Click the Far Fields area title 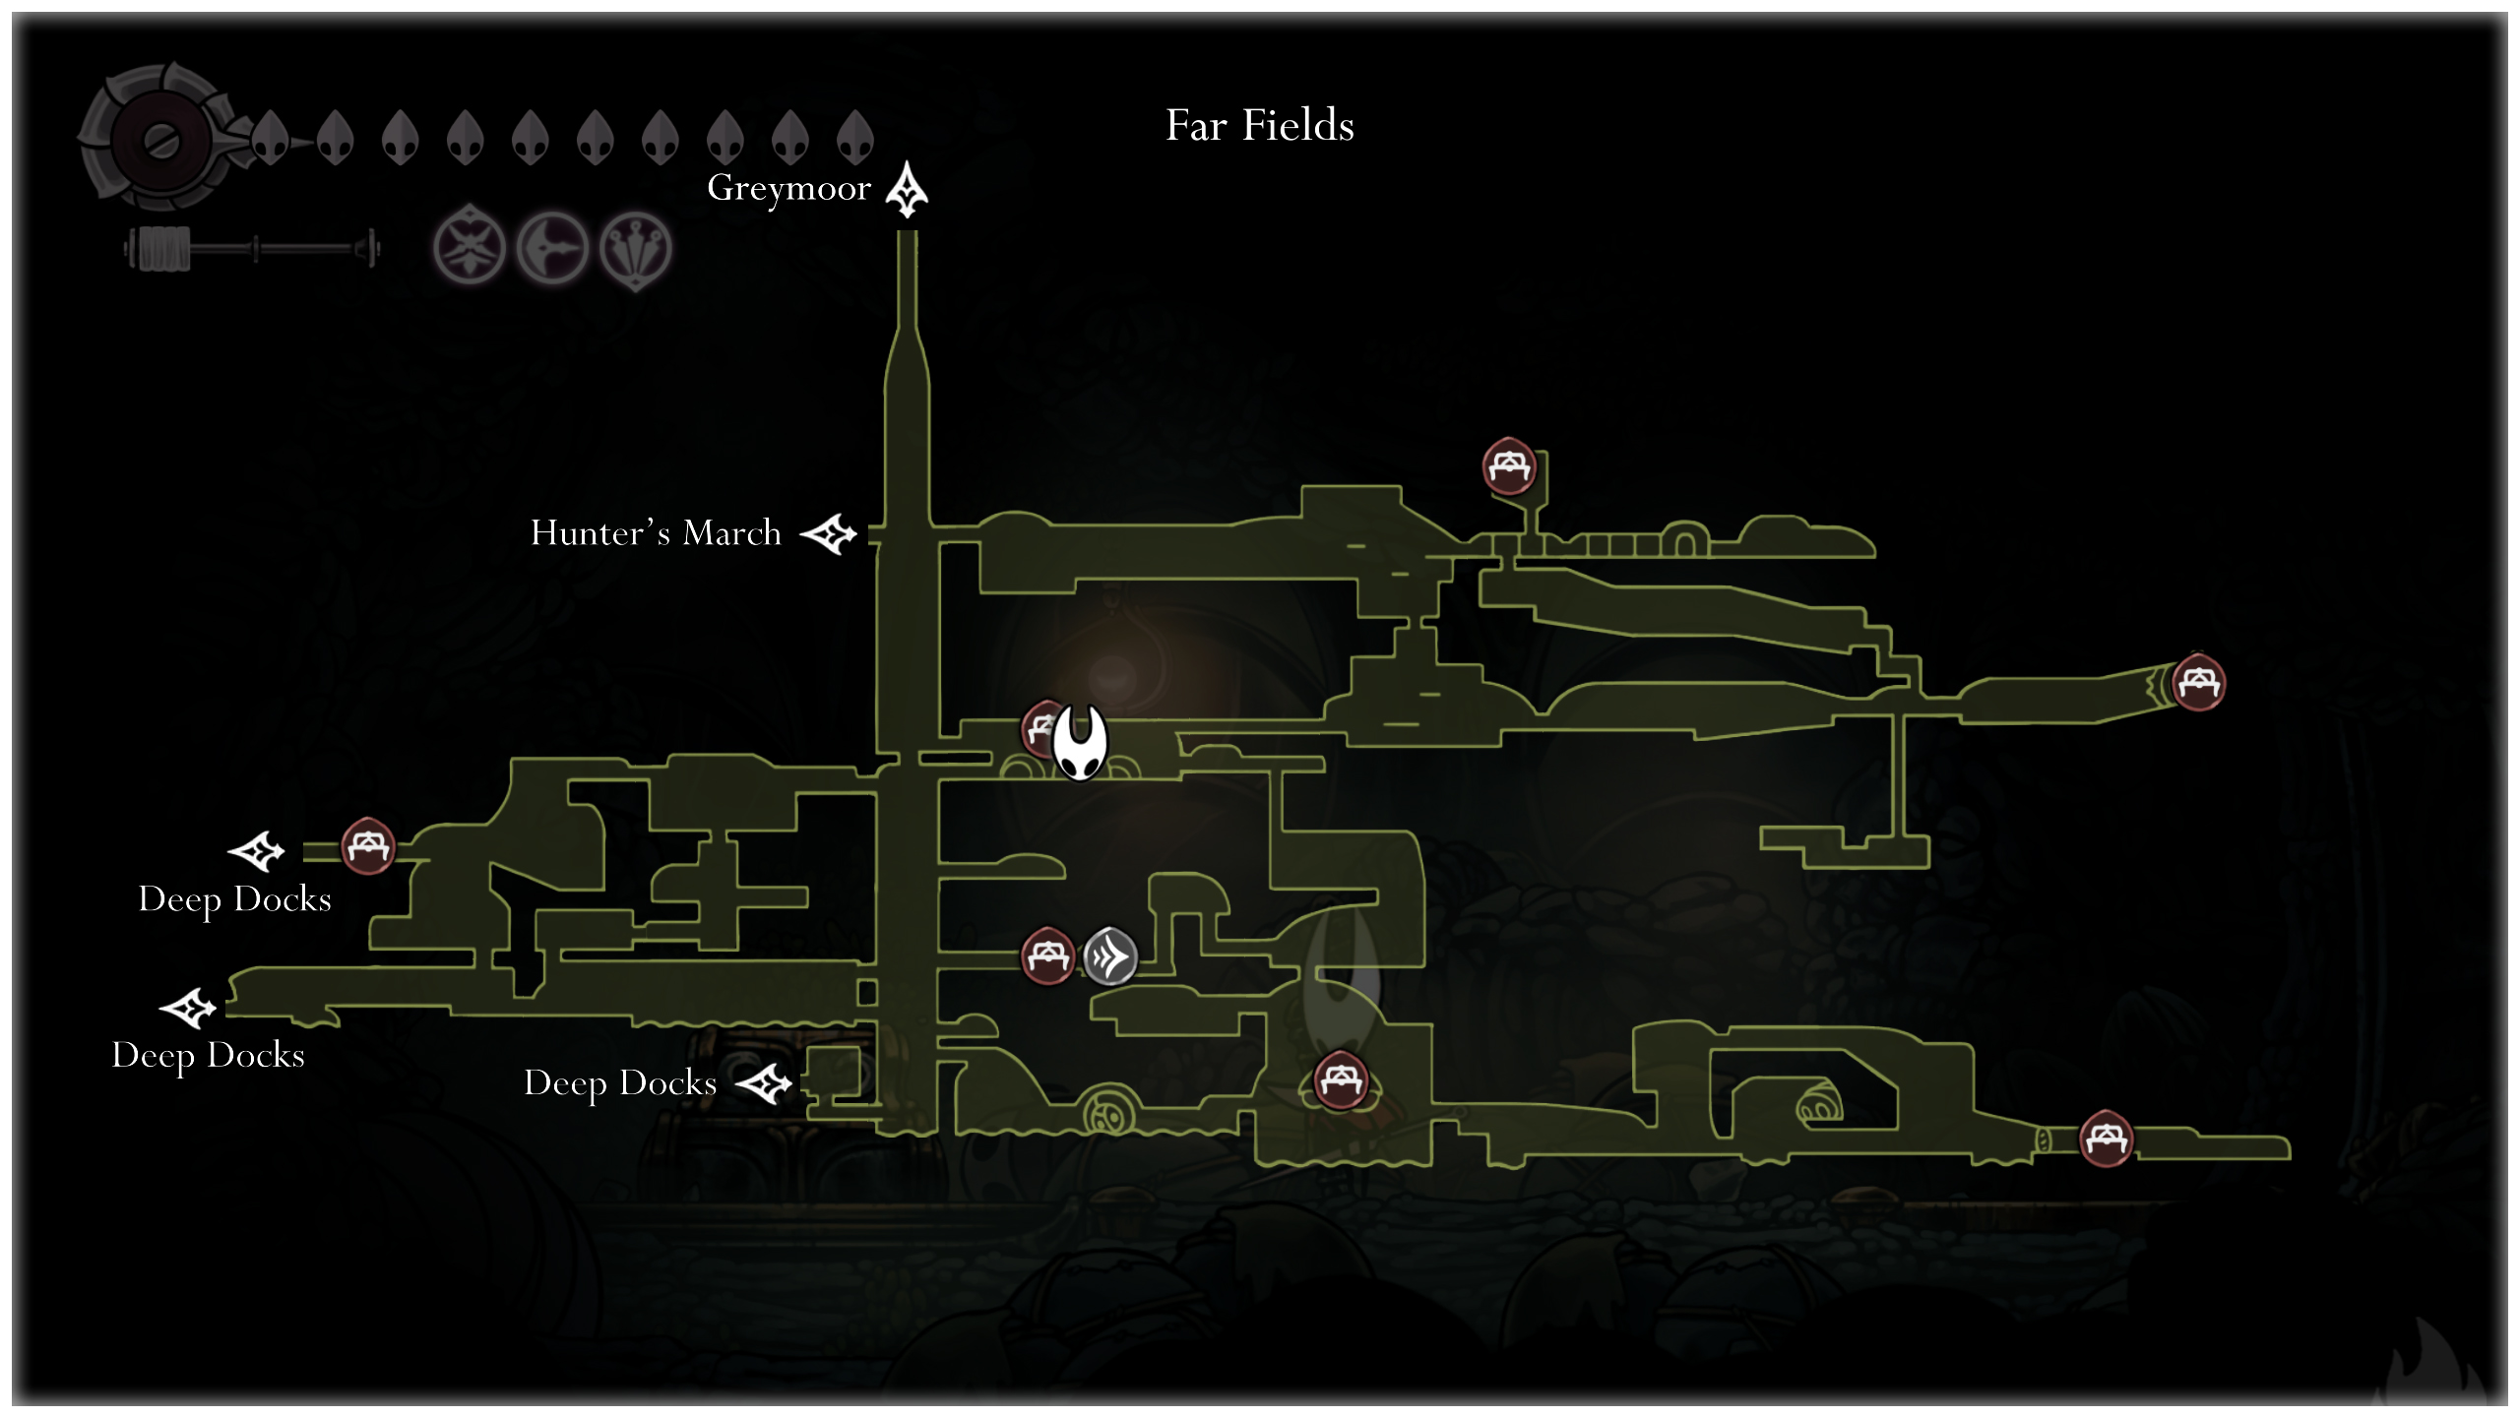[x=1260, y=126]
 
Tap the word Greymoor [x=789, y=188]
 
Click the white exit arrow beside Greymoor [x=907, y=189]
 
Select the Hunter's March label [x=656, y=533]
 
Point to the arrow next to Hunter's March [x=829, y=534]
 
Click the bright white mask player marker [x=1080, y=742]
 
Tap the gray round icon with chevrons [x=1110, y=955]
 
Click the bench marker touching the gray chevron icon [x=1047, y=955]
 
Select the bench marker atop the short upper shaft [x=1509, y=465]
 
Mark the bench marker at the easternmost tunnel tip [x=2198, y=682]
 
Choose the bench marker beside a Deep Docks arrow [x=368, y=845]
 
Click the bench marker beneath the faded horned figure [x=1341, y=1080]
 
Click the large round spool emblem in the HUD [x=162, y=139]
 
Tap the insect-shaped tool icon [x=470, y=246]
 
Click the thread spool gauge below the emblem [x=252, y=249]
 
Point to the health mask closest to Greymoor [x=854, y=137]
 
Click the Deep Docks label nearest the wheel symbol [x=620, y=1083]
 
